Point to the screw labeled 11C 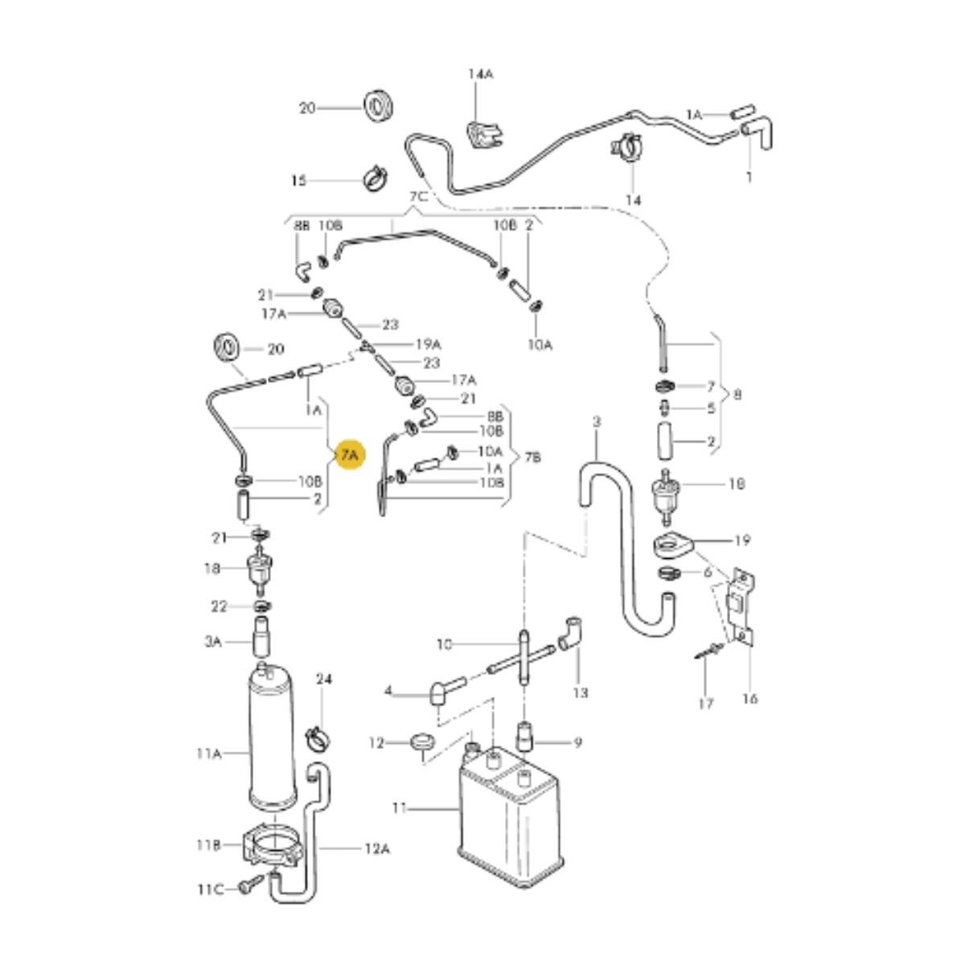pyautogui.click(x=247, y=887)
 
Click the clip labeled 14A pyautogui.click(x=481, y=132)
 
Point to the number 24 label pyautogui.click(x=323, y=680)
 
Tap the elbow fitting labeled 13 pyautogui.click(x=571, y=632)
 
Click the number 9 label pyautogui.click(x=577, y=743)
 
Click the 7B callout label pyautogui.click(x=533, y=458)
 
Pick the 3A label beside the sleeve pyautogui.click(x=212, y=642)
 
